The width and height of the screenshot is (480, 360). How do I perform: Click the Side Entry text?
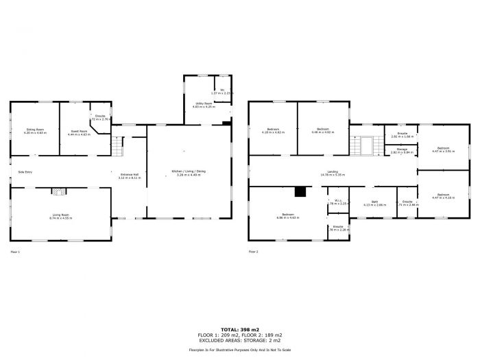25,172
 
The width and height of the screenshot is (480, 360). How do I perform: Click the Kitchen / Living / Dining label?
188,173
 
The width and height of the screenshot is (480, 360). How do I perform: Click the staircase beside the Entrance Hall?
117,145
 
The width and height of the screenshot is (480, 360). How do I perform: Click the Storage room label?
402,150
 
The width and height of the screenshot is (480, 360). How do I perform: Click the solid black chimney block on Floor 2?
300,193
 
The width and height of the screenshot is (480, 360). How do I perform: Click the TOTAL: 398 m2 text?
241,330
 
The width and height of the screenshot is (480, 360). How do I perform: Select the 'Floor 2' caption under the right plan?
254,252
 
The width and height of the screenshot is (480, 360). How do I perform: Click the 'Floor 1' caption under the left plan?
15,252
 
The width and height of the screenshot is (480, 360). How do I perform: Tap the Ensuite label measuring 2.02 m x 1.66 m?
401,135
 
